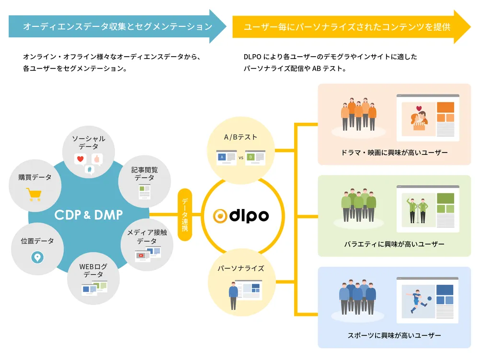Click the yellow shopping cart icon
coord(34,194)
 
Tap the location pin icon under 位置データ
coord(37,257)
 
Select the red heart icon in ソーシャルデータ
coord(80,158)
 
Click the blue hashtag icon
coord(89,169)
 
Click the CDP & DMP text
coord(89,214)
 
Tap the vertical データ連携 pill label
coord(185,215)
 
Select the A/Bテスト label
coord(240,137)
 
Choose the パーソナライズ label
coord(241,268)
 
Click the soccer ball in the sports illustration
coord(429,298)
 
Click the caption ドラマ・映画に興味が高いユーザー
coord(394,152)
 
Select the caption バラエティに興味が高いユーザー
coord(394,244)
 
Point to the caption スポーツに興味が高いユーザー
coord(394,335)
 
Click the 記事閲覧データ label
coord(145,174)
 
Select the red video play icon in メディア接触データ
coord(140,255)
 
